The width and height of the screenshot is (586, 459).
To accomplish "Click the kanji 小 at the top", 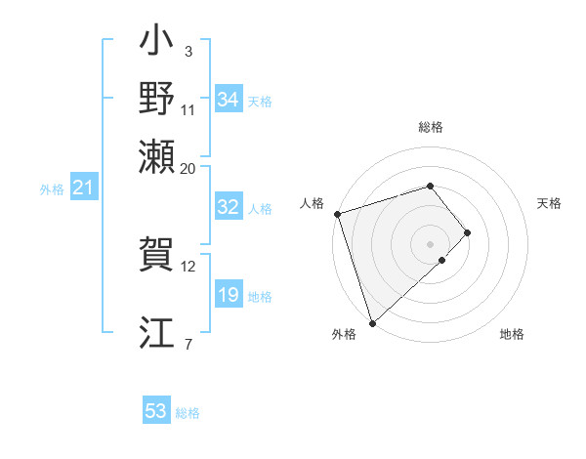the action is pos(157,45).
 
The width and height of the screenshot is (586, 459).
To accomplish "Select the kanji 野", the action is pos(157,99).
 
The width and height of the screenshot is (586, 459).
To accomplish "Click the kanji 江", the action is pos(157,332).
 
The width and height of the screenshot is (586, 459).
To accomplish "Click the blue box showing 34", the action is pos(229,100).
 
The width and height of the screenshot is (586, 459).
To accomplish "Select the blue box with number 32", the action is pos(229,208).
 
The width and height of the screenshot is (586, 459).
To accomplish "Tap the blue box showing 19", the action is pos(229,295).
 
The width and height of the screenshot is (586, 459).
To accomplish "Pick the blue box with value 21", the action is pos(82,188).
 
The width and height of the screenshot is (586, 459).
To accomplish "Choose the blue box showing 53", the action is pos(156,411).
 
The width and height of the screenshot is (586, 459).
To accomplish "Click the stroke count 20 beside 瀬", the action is pos(188,168).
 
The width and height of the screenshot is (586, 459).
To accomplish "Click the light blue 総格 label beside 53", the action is pos(188,413).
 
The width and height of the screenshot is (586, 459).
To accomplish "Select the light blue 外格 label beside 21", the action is pos(51,189).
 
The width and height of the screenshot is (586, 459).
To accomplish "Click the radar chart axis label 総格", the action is pos(431,127).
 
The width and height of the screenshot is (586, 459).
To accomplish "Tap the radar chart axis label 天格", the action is pos(549,203).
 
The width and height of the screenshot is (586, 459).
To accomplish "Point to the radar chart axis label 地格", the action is pos(512,335).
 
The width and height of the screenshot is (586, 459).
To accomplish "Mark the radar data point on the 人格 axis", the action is pos(337,213).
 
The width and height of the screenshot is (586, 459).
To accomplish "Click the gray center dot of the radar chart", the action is pos(431,243).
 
